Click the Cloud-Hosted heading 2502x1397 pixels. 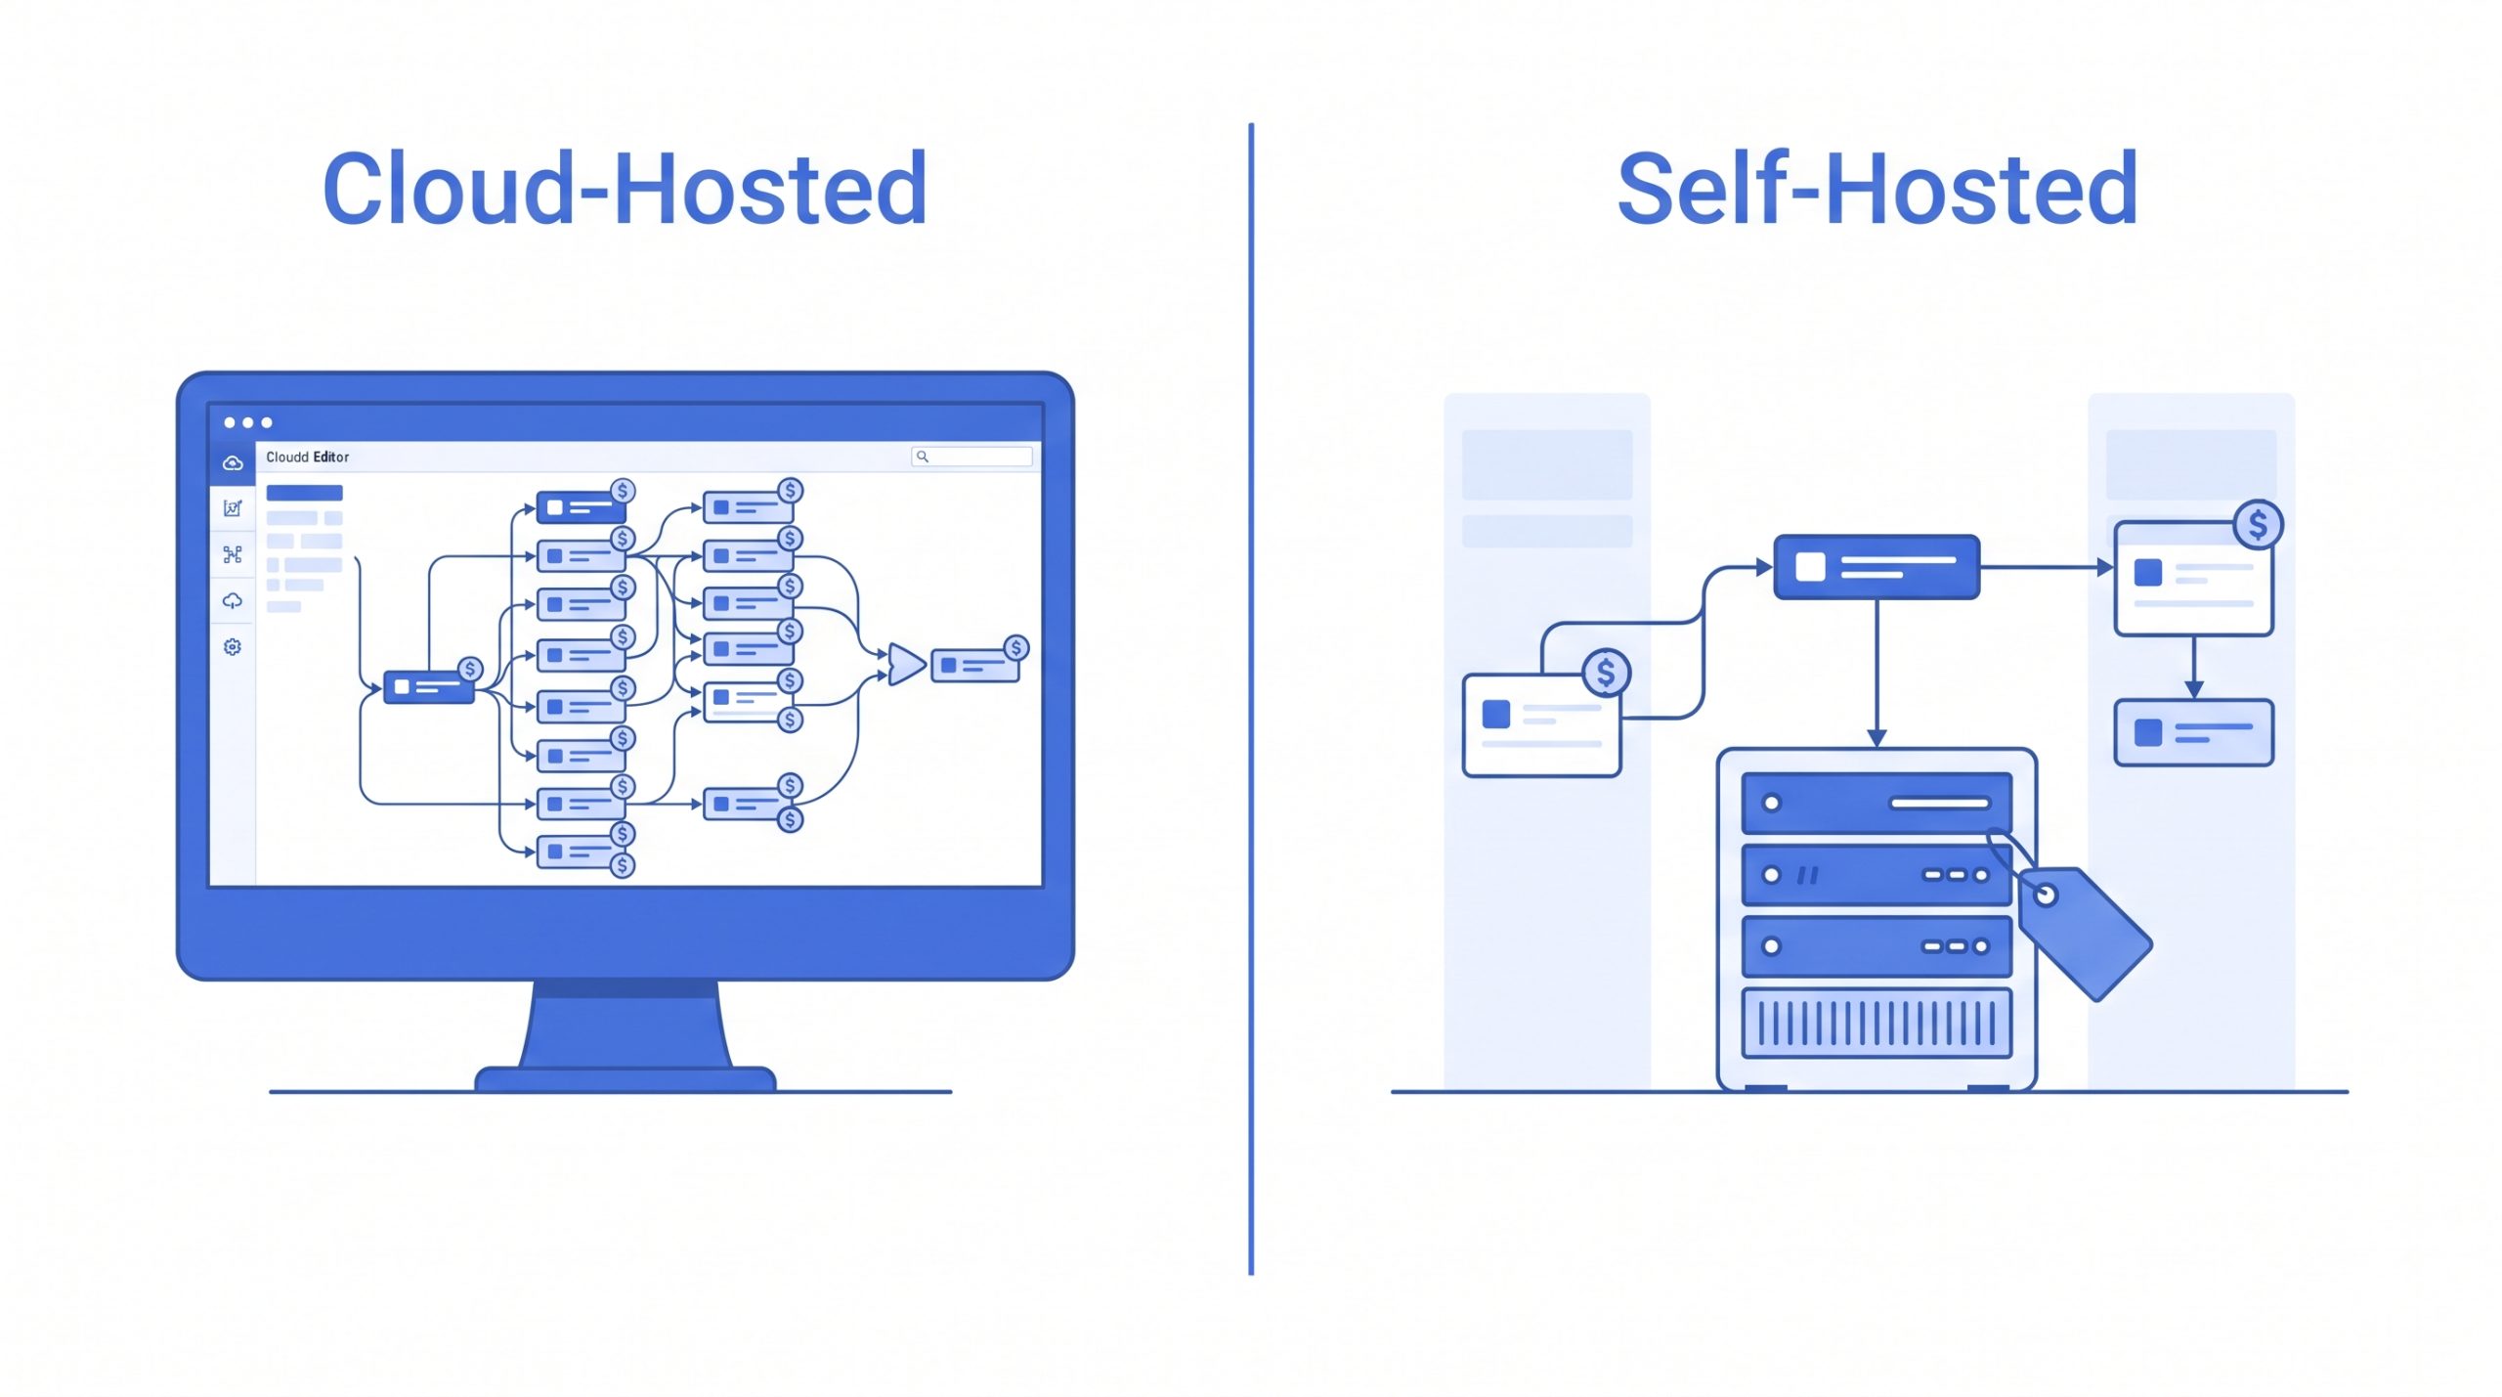coord(625,189)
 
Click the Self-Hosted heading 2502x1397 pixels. coord(1877,189)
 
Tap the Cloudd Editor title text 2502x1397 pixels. coord(307,457)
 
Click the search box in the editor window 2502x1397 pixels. coord(971,457)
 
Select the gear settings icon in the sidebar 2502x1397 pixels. coord(233,647)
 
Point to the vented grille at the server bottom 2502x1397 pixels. coord(1876,1023)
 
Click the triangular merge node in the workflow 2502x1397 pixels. coord(906,664)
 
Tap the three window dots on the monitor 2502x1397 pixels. coord(247,422)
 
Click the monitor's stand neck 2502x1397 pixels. coord(625,1024)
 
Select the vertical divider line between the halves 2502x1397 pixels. coord(1251,699)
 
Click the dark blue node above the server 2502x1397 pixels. coord(1876,567)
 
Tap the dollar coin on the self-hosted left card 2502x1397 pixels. coord(1606,673)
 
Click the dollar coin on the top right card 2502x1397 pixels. coord(2258,525)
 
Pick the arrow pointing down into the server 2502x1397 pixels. coord(1876,674)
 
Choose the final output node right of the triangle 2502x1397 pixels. coord(974,665)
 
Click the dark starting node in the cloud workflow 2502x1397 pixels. coord(428,687)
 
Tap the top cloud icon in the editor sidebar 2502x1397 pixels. coord(233,463)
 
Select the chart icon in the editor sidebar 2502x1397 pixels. coord(233,508)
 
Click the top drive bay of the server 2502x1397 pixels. coord(1876,804)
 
